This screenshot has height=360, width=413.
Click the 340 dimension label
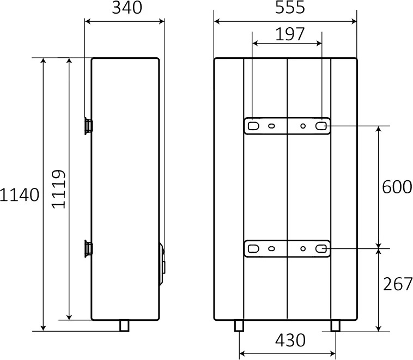point(127,8)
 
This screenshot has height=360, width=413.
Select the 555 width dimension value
point(290,8)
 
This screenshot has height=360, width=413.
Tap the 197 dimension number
point(290,34)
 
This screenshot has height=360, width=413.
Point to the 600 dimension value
point(397,187)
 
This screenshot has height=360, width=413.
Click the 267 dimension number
point(397,284)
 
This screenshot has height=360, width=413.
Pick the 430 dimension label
point(290,340)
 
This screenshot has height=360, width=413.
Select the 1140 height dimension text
point(20,195)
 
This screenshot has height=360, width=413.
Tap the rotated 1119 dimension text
point(58,190)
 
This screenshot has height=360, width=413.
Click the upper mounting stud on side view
point(88,126)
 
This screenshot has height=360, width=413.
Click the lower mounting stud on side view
point(88,248)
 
